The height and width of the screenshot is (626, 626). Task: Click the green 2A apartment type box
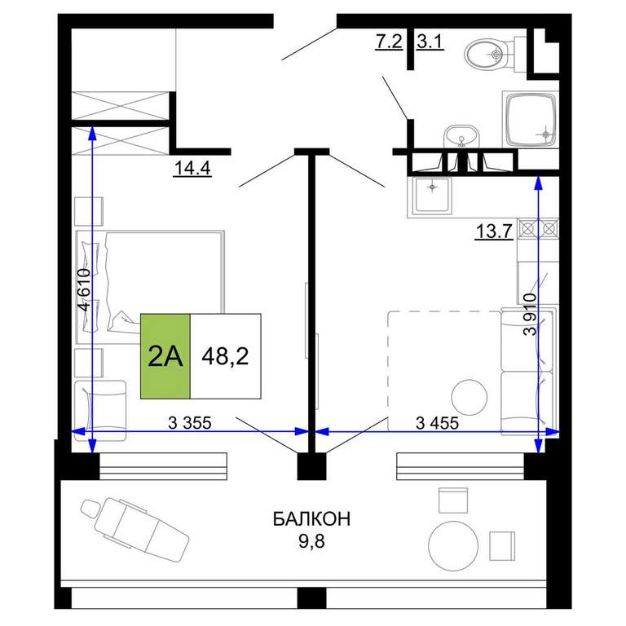click(165, 356)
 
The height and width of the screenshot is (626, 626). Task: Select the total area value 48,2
click(225, 356)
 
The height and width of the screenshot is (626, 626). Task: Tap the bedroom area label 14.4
click(192, 168)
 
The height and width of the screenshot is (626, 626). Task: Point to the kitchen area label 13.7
click(494, 231)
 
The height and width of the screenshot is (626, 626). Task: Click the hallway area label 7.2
click(389, 41)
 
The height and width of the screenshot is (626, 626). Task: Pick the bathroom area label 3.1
click(430, 41)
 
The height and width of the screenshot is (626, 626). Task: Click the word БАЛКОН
click(312, 519)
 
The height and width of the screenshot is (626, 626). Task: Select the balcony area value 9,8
click(312, 541)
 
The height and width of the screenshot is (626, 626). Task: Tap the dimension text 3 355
click(190, 423)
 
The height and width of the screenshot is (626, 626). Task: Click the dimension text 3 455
click(437, 423)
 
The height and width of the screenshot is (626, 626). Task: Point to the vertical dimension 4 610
click(85, 289)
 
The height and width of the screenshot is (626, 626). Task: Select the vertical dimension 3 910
click(531, 314)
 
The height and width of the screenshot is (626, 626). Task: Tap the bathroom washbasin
click(461, 136)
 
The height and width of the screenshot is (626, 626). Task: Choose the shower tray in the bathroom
click(531, 119)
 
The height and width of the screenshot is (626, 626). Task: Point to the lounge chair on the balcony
click(135, 524)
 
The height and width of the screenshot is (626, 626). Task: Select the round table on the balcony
click(453, 546)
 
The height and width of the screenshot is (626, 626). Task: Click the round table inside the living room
click(469, 397)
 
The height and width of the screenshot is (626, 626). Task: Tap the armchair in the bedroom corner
click(100, 411)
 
